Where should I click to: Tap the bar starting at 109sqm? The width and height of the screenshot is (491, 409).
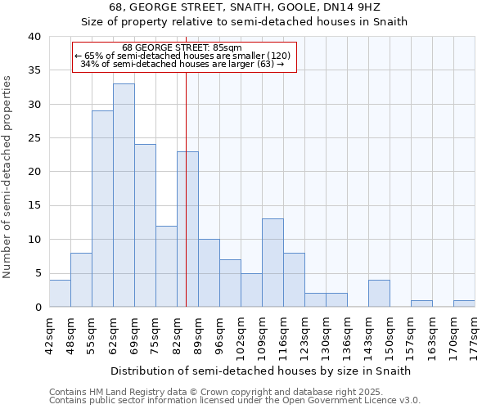[273, 263]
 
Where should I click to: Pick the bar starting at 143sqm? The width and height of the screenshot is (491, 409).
[379, 293]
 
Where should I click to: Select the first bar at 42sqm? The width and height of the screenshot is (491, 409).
[60, 293]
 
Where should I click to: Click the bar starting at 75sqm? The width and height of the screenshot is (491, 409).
[166, 266]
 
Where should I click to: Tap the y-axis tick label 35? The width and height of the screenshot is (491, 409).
[34, 70]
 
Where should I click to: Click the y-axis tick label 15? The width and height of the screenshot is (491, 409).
[34, 206]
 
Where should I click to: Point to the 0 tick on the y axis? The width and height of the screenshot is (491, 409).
[38, 308]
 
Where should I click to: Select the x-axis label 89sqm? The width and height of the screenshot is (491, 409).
[198, 333]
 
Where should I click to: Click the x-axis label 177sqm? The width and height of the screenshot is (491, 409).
[475, 333]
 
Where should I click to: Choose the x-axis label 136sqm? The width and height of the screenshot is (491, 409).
[347, 333]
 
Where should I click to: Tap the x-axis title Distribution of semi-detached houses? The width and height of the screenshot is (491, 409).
[260, 371]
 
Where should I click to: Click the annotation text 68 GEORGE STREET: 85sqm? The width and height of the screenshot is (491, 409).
[182, 48]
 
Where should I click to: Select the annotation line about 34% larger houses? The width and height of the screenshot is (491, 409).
[182, 64]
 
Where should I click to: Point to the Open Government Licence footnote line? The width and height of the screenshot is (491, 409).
[235, 401]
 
